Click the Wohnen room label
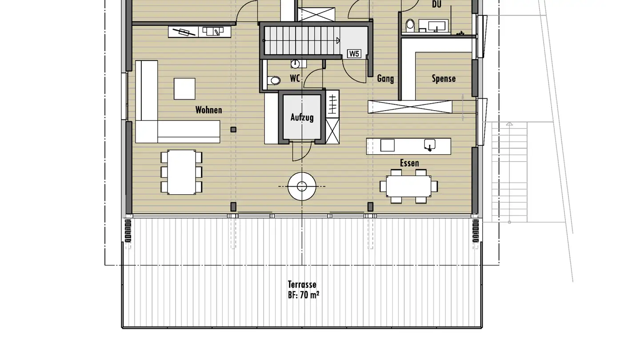208,110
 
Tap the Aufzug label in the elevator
302,117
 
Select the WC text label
295,78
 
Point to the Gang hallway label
385,79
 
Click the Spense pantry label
444,79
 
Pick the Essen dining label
409,163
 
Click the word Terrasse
302,284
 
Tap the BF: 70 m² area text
304,295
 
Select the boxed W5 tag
354,54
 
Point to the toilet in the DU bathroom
410,24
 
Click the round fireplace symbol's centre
302,187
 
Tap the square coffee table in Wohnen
184,89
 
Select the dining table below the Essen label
408,186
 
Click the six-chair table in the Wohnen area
181,172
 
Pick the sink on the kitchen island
430,144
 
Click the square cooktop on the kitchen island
388,145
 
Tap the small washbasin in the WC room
295,64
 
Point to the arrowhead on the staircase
338,40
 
